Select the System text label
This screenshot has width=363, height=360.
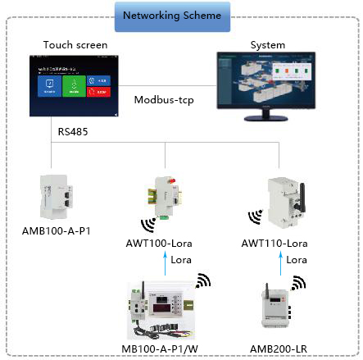(x=268, y=45)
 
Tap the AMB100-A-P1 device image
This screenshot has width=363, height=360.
(x=57, y=198)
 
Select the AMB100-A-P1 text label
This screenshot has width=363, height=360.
(x=57, y=231)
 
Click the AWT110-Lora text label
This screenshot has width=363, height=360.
(x=275, y=244)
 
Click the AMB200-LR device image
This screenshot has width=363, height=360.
(x=273, y=312)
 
